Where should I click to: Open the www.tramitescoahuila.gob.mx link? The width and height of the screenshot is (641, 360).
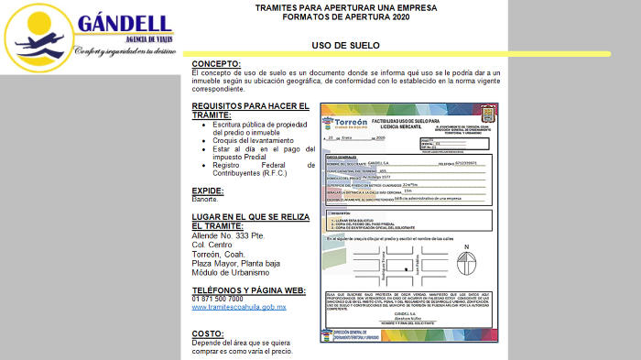239,307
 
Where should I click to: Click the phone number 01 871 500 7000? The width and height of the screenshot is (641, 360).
217,299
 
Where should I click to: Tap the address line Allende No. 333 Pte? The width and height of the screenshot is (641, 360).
228,235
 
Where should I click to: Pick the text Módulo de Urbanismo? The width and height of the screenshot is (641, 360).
231,272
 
